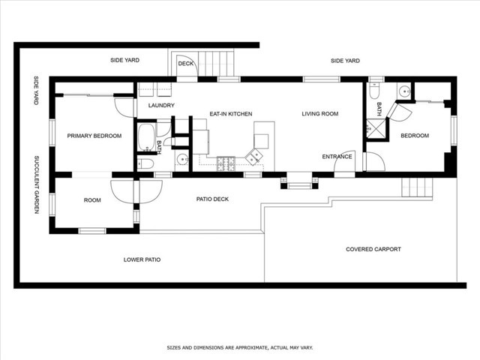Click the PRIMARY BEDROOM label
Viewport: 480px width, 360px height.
(x=94, y=136)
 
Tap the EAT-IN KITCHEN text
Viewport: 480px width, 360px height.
(x=231, y=114)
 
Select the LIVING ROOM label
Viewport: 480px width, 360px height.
(x=320, y=114)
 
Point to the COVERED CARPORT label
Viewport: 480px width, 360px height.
(x=373, y=249)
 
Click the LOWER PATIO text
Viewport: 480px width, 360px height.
(x=142, y=259)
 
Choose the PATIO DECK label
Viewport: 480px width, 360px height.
(x=212, y=199)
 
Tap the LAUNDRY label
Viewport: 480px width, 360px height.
(x=161, y=105)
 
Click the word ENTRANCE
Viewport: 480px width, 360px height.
(x=337, y=157)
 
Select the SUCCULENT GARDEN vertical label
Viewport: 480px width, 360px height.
(x=37, y=184)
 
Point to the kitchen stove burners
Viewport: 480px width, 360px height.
(x=226, y=163)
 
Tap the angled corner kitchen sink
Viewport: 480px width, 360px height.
(x=253, y=157)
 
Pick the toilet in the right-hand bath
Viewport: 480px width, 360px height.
(x=374, y=91)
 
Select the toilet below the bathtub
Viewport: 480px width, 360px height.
(x=145, y=164)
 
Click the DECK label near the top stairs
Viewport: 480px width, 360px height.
(x=186, y=63)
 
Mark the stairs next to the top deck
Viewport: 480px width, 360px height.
(x=217, y=64)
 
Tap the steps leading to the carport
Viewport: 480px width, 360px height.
(x=417, y=187)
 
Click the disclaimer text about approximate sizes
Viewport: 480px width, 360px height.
(x=240, y=348)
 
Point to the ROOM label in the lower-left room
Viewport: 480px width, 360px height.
(x=92, y=200)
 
